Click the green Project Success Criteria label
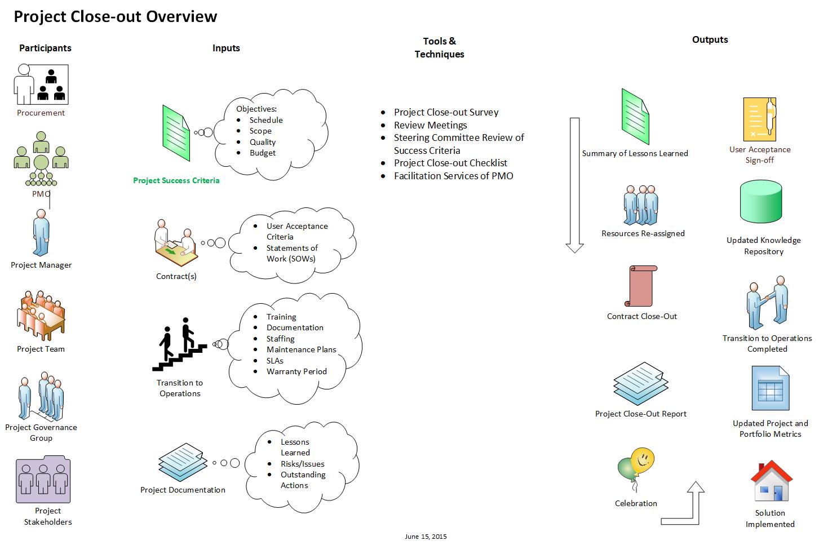click(x=176, y=180)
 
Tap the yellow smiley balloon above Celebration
click(x=643, y=462)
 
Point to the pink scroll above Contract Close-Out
click(x=641, y=286)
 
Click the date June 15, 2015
click(x=426, y=537)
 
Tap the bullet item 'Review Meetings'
click(x=431, y=125)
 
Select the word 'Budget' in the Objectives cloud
click(x=263, y=153)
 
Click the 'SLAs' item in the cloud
click(x=275, y=361)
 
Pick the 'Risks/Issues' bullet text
click(x=303, y=464)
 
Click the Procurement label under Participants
click(x=41, y=113)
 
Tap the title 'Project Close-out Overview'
click(x=116, y=16)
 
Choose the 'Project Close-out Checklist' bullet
click(x=450, y=163)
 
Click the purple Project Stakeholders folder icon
click(x=43, y=480)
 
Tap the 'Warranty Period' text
click(x=296, y=371)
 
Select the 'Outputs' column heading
click(x=710, y=39)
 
